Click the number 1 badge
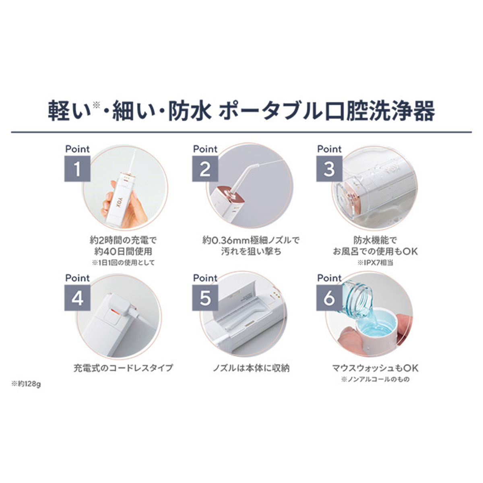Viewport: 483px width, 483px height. click(x=77, y=169)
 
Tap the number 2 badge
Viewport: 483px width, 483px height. click(x=205, y=169)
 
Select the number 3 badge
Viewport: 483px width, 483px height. click(x=329, y=169)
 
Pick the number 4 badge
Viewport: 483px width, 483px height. click(x=77, y=298)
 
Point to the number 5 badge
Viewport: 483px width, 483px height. click(x=205, y=298)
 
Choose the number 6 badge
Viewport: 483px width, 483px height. click(x=329, y=298)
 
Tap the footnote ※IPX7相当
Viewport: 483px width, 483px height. click(x=375, y=263)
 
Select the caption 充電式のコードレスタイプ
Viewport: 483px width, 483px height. click(x=123, y=368)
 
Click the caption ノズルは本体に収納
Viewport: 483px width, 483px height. click(x=251, y=368)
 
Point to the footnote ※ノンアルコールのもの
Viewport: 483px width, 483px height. click(x=375, y=379)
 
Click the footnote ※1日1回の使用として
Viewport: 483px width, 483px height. click(x=123, y=262)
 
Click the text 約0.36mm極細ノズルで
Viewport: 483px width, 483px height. click(x=251, y=240)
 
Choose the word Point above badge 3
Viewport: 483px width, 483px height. click(x=329, y=149)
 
